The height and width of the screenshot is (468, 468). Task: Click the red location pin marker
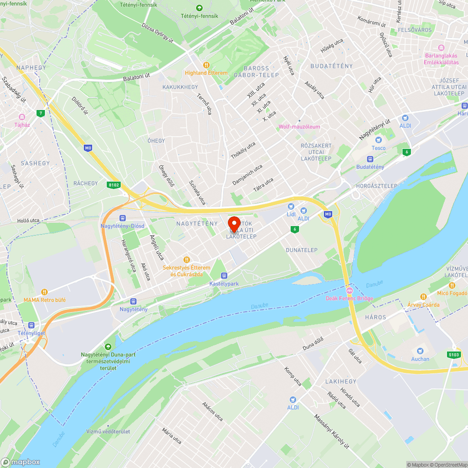[234, 223]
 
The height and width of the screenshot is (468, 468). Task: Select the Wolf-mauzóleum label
[299, 127]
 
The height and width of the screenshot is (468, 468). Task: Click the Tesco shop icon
[379, 140]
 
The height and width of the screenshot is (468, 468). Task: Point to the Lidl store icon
[291, 206]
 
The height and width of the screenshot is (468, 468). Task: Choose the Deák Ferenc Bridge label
[350, 298]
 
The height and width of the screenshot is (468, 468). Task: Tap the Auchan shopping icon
[420, 351]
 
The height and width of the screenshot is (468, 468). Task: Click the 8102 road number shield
[113, 185]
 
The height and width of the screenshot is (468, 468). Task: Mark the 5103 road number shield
[453, 355]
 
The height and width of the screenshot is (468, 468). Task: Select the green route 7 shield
[42, 113]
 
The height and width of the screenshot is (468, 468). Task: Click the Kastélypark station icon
[224, 276]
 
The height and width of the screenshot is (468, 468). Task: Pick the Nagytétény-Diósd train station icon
[123, 218]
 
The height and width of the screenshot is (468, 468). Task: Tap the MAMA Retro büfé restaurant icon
[44, 292]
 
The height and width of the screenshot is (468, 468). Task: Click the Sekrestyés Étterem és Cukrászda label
[186, 271]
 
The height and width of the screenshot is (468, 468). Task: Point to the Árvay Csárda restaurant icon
[423, 297]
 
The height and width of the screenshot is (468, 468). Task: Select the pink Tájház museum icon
[22, 117]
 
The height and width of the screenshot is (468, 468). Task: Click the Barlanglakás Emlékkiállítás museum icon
[441, 48]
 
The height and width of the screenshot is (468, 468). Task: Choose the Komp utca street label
[293, 376]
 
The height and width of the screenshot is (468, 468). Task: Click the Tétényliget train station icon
[31, 325]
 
